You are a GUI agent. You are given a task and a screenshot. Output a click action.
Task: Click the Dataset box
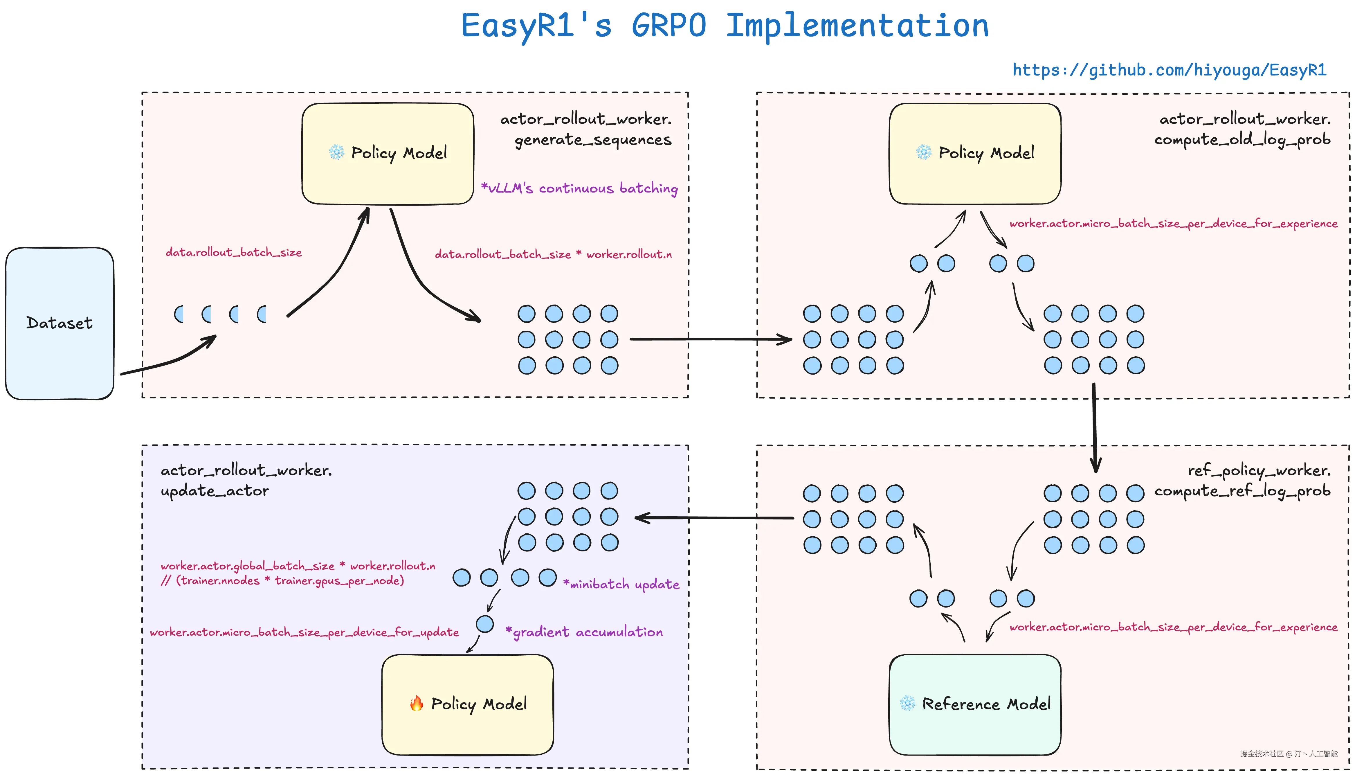60,323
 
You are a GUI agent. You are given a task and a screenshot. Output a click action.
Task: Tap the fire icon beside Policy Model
417,704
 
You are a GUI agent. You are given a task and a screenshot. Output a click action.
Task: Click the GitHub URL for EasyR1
1169,70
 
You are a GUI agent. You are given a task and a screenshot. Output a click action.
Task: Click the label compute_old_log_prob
1242,139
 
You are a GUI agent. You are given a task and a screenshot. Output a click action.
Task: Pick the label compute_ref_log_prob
1242,491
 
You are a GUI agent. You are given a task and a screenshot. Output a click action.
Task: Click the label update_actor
215,491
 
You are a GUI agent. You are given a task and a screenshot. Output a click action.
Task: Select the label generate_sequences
593,139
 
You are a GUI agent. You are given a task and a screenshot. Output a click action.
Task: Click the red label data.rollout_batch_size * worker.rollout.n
553,254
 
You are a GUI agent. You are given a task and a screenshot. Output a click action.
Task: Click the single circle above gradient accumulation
485,624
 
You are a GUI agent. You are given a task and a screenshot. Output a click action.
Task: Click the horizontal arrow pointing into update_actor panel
713,517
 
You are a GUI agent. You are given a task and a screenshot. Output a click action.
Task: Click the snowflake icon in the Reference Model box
908,703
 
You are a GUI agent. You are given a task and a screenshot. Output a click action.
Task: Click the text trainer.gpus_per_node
338,580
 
